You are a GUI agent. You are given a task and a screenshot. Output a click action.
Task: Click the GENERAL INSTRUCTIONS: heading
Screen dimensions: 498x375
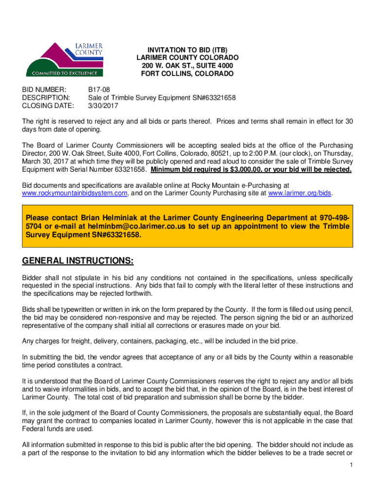coord(78,261)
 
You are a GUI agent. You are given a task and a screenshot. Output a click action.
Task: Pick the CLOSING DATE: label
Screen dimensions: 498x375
coord(48,106)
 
